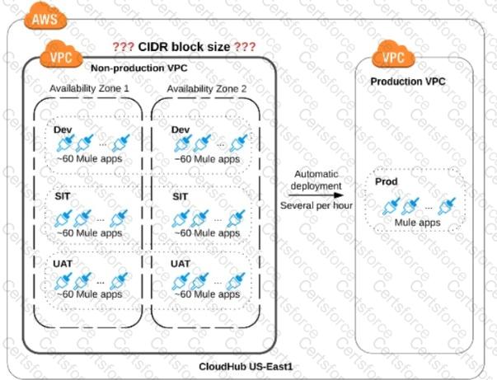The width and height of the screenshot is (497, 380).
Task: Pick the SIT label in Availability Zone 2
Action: (x=181, y=197)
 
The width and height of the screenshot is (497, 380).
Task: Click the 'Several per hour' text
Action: (x=317, y=206)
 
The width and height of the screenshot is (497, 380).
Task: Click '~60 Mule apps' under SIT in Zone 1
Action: (x=88, y=232)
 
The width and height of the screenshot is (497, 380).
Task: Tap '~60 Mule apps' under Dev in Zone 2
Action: (x=206, y=159)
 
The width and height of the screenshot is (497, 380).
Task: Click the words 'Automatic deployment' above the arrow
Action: (x=316, y=181)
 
